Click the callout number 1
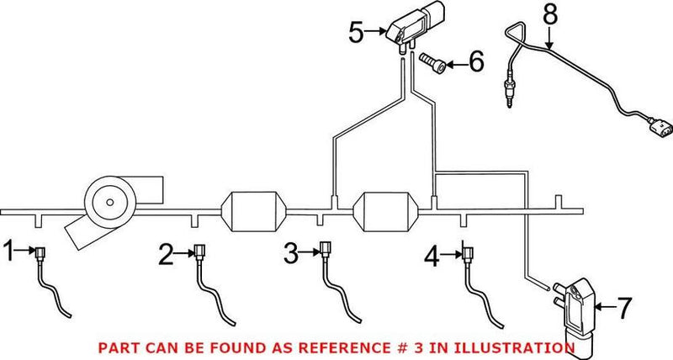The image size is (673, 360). [9, 250]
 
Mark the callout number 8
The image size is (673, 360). [550, 14]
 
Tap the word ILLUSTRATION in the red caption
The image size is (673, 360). [495, 347]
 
